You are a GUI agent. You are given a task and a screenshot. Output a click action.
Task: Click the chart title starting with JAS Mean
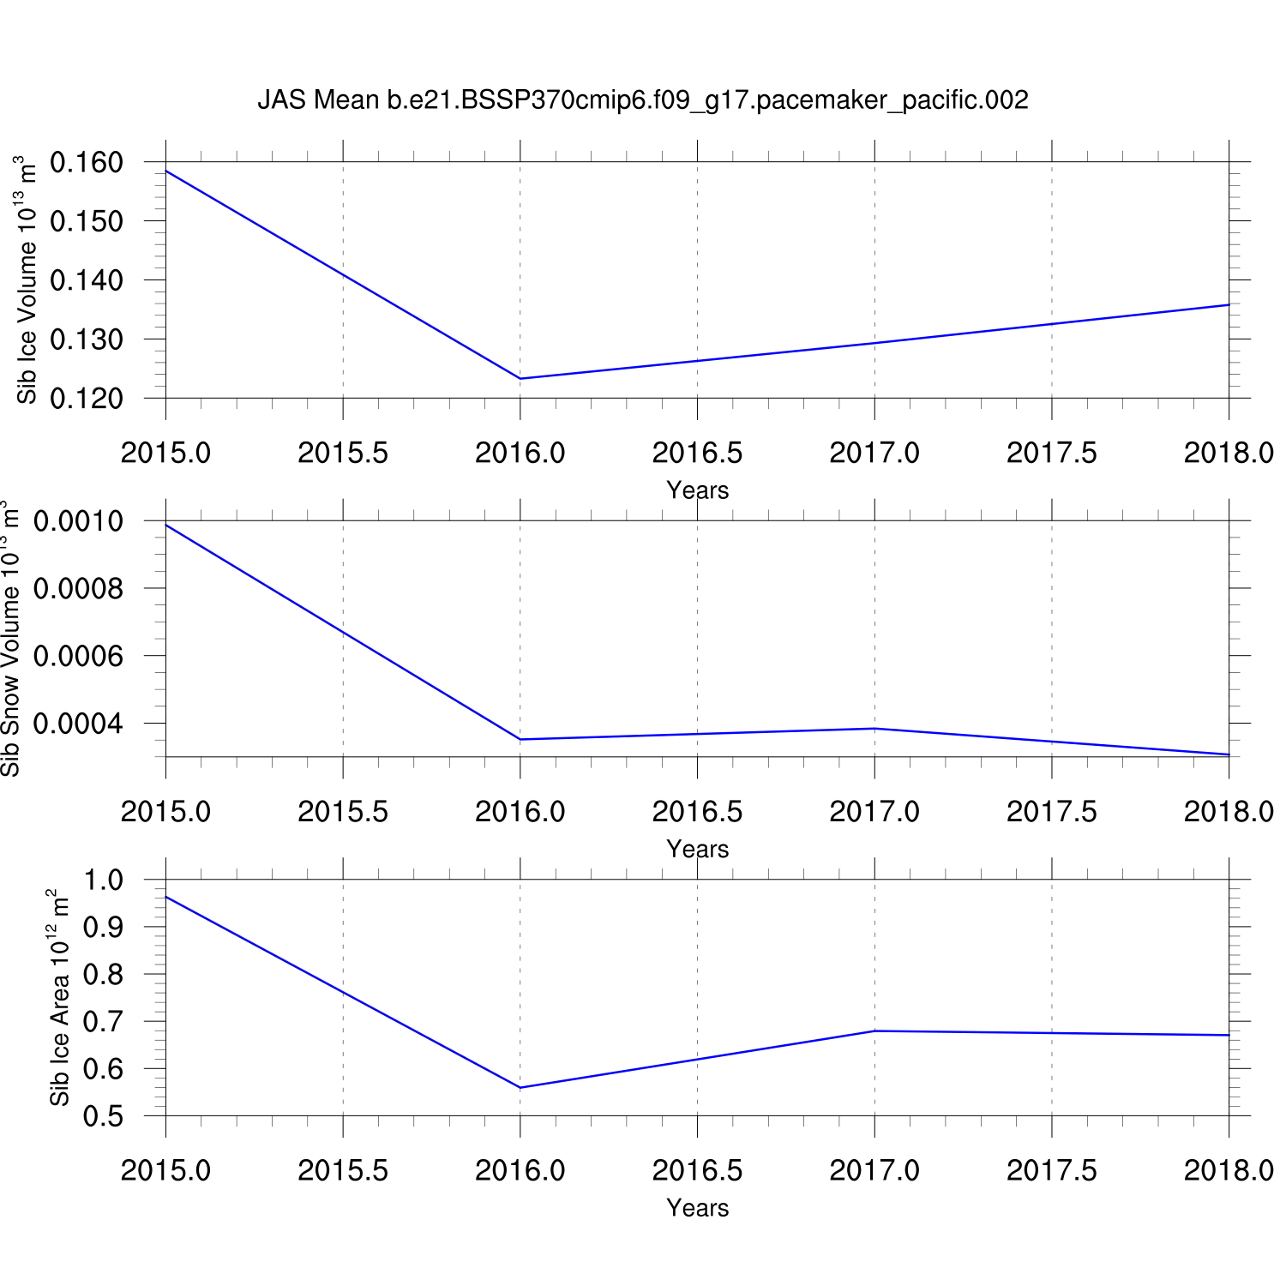(642, 100)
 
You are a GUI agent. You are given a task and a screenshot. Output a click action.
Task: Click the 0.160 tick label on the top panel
(86, 161)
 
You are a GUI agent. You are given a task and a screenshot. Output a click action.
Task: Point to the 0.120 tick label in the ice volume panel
(86, 398)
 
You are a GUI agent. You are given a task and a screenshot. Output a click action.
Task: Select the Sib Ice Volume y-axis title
(27, 279)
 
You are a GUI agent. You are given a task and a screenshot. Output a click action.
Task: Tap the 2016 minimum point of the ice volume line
(520, 378)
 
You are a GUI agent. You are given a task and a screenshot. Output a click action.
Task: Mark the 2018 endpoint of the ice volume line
(1229, 304)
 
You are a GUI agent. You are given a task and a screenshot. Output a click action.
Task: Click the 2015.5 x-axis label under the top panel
(343, 453)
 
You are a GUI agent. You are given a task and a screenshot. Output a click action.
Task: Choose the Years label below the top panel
(697, 490)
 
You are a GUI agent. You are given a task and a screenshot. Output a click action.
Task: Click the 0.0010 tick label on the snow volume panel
(78, 520)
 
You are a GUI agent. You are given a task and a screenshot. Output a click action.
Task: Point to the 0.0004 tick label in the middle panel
(78, 724)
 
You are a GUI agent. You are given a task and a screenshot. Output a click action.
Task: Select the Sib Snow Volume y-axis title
(10, 639)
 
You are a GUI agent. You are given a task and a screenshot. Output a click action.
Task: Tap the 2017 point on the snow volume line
(874, 729)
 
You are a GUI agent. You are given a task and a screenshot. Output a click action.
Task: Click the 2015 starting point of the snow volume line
(166, 525)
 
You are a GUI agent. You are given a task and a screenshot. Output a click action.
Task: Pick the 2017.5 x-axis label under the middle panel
(1051, 811)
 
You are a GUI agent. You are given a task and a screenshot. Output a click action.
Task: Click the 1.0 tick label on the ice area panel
(103, 880)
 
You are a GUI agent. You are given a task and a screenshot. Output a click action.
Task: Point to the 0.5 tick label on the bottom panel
(103, 1116)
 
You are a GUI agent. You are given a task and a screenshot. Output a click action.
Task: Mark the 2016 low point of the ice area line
(520, 1087)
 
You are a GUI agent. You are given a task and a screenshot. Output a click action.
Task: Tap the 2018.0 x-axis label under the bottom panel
(1229, 1170)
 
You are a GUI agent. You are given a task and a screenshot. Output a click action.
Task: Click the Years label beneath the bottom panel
(697, 1208)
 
